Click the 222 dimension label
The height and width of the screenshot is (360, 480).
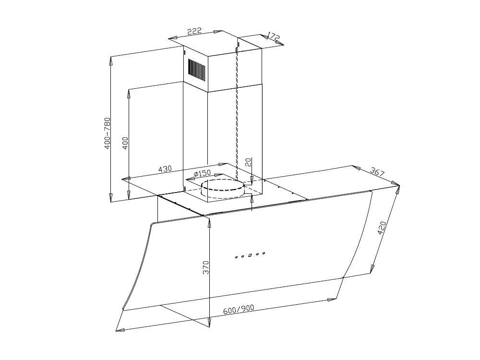tap(194, 31)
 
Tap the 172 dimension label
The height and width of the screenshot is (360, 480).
tap(274, 36)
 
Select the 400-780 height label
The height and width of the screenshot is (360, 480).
tap(108, 133)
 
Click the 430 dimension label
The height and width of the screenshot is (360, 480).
tap(165, 168)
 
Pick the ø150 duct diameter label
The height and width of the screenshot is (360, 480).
tap(203, 173)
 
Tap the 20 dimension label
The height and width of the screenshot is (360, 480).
tap(248, 162)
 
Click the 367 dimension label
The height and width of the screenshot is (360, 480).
tap(377, 171)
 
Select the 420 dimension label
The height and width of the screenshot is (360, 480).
tap(382, 228)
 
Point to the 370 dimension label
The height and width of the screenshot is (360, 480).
tap(206, 267)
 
